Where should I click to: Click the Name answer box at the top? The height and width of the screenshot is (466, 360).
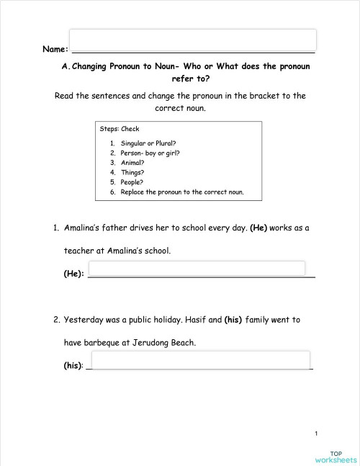(192, 40)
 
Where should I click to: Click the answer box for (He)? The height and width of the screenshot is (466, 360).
(196, 268)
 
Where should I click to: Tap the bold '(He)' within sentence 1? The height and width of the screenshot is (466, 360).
(258, 228)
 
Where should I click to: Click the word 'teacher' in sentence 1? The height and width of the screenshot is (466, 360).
(81, 251)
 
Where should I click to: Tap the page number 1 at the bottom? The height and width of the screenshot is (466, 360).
(316, 433)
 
